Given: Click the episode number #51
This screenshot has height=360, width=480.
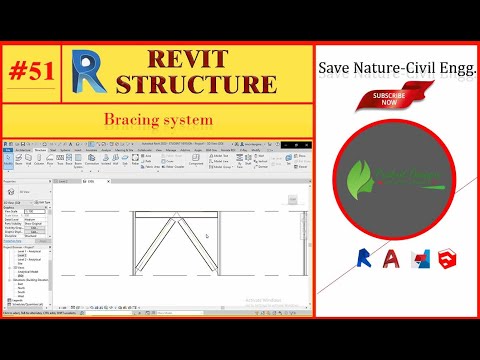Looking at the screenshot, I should (x=35, y=72).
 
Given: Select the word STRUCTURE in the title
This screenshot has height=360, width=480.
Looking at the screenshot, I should (x=207, y=85).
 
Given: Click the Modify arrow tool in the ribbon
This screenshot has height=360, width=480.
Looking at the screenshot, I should (x=10, y=160).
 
